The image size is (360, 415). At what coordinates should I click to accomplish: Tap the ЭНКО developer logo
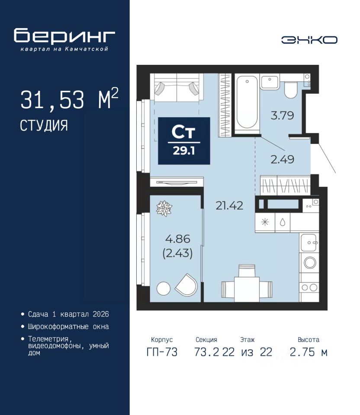pos(309,40)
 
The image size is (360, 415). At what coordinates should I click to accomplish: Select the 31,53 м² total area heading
pos(69,99)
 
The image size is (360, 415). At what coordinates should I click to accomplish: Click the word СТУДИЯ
pos(44,125)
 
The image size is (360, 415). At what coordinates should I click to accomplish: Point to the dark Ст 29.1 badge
pos(184,141)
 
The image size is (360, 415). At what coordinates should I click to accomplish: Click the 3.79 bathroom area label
pos(283,116)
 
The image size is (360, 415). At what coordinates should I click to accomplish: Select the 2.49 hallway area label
pos(283,160)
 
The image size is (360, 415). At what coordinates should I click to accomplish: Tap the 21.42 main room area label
pos(229,206)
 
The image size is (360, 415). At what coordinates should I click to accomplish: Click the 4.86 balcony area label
pos(178,239)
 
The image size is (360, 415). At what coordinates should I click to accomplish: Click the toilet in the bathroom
pos(291,89)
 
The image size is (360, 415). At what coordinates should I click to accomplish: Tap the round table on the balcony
pos(164,288)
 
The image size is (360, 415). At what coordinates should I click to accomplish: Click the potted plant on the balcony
pos(164,208)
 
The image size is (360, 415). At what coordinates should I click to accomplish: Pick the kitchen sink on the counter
pos(309,243)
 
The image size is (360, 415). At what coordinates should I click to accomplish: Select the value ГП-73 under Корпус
pos(162,352)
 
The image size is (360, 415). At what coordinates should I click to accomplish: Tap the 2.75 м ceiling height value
pos(309,352)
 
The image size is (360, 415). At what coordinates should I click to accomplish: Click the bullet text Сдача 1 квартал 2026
pos(69,314)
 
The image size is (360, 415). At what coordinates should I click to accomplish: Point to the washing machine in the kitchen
pos(309,263)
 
